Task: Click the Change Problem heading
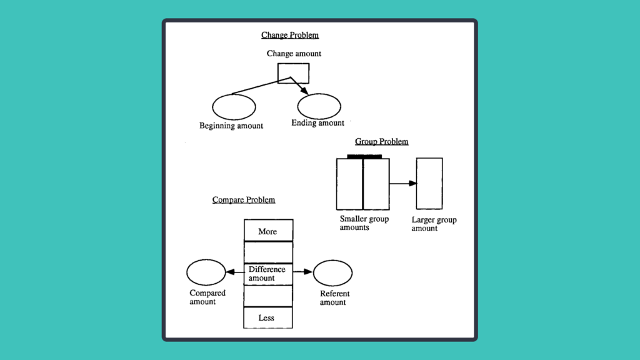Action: click(289, 35)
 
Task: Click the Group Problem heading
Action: click(381, 142)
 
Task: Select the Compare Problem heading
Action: click(244, 200)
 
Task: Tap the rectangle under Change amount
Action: click(293, 73)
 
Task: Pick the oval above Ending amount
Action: click(319, 106)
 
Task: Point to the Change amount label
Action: click(294, 54)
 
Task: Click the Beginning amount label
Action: click(231, 126)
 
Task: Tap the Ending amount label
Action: click(317, 123)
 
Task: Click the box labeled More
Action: click(267, 231)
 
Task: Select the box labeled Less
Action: click(267, 317)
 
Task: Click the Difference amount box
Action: click(267, 274)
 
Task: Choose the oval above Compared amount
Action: click(206, 272)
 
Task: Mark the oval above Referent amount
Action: click(332, 273)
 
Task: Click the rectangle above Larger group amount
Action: click(429, 183)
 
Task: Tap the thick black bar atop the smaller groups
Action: click(364, 156)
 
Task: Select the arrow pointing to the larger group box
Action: click(404, 183)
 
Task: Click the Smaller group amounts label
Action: click(364, 223)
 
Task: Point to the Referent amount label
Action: click(334, 298)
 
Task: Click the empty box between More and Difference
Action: click(267, 252)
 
